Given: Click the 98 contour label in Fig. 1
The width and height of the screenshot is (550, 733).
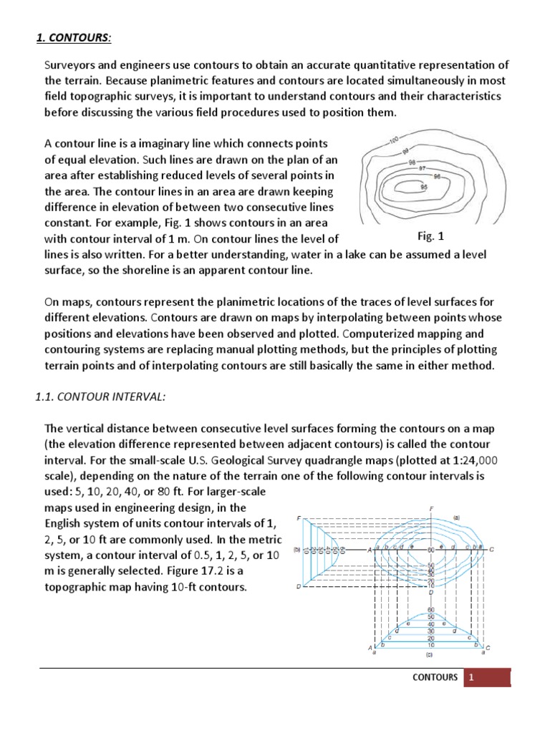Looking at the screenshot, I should click(x=411, y=162).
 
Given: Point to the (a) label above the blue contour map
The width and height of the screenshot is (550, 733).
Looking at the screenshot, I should click(x=455, y=516).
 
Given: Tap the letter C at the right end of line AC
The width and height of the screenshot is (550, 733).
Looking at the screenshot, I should click(x=491, y=549).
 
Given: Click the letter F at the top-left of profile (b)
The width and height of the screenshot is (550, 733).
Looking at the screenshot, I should click(x=299, y=518).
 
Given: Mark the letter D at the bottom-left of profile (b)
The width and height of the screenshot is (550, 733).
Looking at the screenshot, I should click(x=299, y=587).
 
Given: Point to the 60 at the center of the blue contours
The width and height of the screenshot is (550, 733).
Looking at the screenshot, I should click(x=431, y=550).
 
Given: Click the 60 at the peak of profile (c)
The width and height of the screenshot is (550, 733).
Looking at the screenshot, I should click(x=430, y=608).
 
